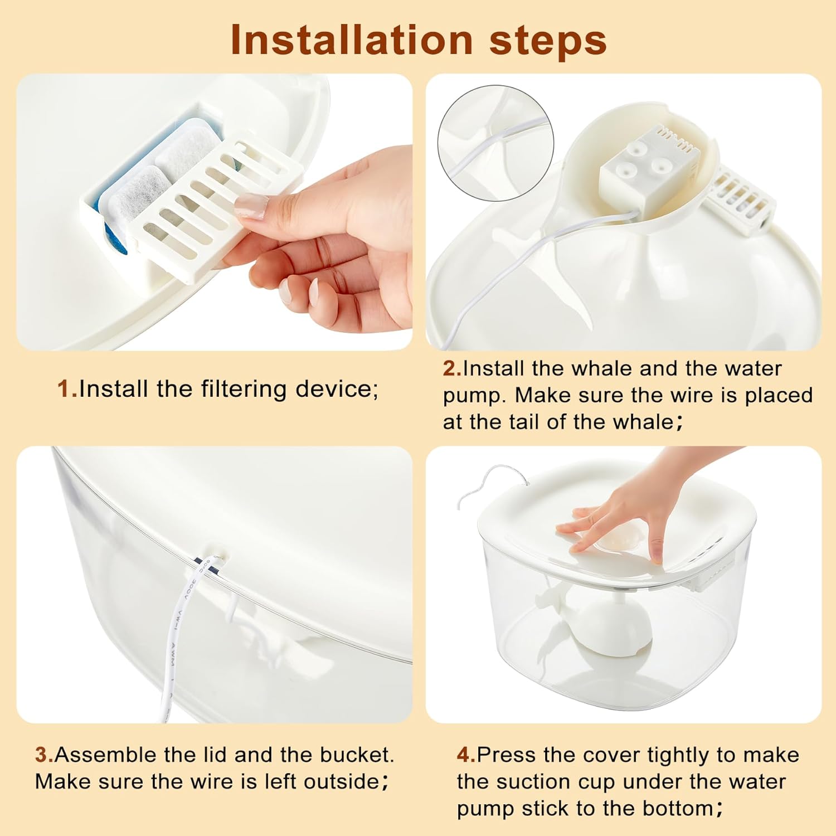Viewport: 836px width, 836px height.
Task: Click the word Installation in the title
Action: coord(352,40)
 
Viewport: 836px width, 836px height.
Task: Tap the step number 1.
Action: coord(67,389)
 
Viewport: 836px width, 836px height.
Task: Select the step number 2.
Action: coord(452,368)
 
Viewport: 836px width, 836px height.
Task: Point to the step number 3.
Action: coord(44,755)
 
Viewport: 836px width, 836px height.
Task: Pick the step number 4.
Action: coord(466,755)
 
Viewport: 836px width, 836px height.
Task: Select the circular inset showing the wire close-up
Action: coord(495,143)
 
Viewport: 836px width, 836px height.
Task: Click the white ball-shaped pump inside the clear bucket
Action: coord(619,624)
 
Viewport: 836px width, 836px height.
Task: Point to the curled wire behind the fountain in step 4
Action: coord(490,482)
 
